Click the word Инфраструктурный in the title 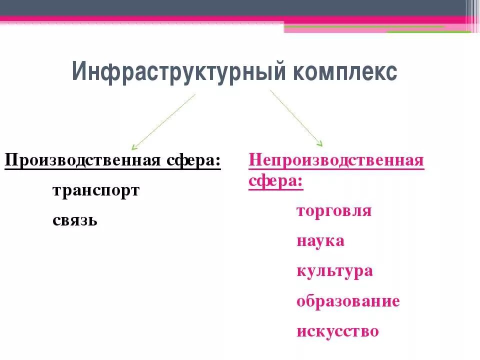(177, 72)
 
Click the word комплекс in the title (345, 72)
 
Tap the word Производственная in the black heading (83, 161)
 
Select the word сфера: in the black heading (193, 161)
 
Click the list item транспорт (95, 190)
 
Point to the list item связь (74, 220)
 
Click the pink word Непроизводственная (336, 161)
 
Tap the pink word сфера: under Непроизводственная (275, 181)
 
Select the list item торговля (334, 210)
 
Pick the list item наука (320, 240)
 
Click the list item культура (334, 271)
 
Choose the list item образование (348, 301)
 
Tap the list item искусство (337, 331)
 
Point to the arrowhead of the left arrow (134, 147)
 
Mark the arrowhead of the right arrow (320, 144)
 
